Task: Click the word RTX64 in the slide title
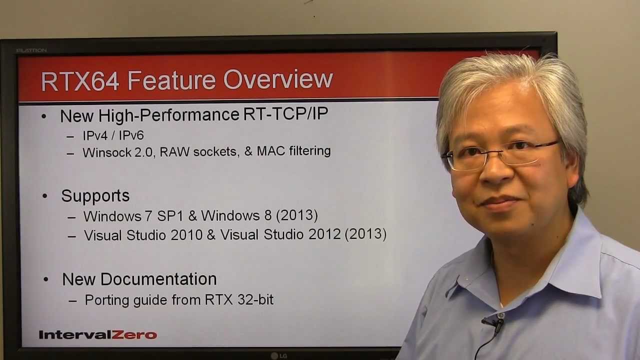(x=80, y=81)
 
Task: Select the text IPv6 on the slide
(x=131, y=135)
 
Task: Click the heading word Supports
(x=95, y=196)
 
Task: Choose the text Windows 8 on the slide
(x=237, y=215)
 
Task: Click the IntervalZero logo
(x=98, y=335)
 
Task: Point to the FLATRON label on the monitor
(x=31, y=50)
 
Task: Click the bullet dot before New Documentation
(x=46, y=279)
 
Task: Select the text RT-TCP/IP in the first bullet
(x=285, y=114)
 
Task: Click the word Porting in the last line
(x=106, y=300)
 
